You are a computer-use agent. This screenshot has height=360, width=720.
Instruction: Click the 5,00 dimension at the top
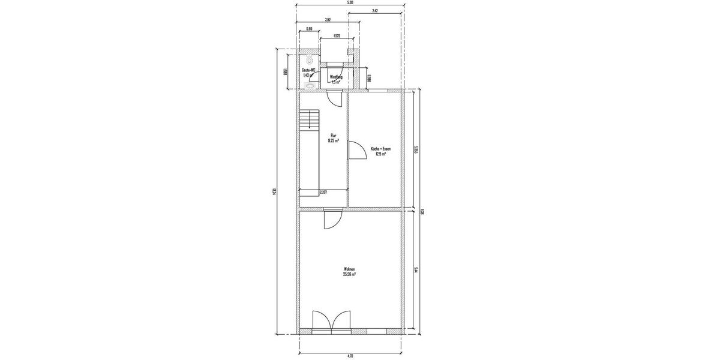pyautogui.click(x=350, y=2)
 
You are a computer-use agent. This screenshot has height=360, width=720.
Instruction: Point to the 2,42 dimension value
pyautogui.click(x=374, y=11)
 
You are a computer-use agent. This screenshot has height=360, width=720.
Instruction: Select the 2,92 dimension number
pyautogui.click(x=328, y=20)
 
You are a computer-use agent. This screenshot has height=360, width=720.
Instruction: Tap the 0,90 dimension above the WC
pyautogui.click(x=309, y=29)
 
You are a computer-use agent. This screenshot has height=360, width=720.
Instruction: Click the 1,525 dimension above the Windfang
pyautogui.click(x=337, y=37)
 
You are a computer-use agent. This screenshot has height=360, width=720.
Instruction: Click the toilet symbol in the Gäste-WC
pyautogui.click(x=309, y=61)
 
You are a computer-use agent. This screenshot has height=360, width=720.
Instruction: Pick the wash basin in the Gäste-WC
pyautogui.click(x=309, y=86)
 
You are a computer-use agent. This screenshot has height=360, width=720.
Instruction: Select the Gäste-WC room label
pyautogui.click(x=308, y=73)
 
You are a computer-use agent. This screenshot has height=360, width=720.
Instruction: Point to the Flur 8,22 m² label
pyautogui.click(x=334, y=139)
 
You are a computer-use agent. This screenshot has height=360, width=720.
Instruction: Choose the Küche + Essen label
pyautogui.click(x=378, y=151)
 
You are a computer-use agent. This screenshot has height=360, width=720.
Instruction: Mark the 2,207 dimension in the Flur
pyautogui.click(x=323, y=192)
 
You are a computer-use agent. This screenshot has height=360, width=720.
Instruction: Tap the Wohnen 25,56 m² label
pyautogui.click(x=349, y=271)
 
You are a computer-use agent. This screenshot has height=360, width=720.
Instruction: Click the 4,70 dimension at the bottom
pyautogui.click(x=350, y=356)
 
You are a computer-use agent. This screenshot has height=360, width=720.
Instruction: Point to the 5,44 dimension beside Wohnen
pyautogui.click(x=415, y=271)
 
